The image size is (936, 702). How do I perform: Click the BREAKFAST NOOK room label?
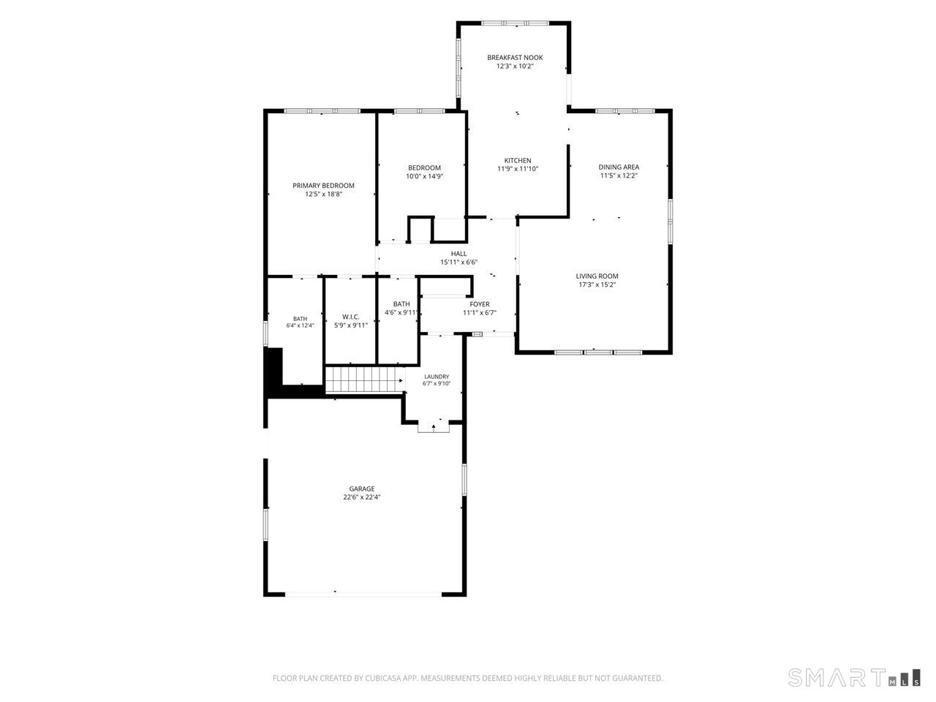click(x=515, y=58)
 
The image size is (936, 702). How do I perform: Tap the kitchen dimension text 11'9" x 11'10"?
click(x=518, y=169)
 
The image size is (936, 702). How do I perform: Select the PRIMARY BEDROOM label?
click(x=323, y=186)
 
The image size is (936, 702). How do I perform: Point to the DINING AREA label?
click(x=619, y=167)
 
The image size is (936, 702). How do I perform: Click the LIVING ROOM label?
click(x=597, y=276)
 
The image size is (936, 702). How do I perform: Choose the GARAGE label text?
click(x=362, y=489)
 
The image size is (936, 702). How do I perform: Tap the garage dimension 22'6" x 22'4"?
click(x=362, y=497)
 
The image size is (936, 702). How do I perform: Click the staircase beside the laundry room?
click(x=365, y=380)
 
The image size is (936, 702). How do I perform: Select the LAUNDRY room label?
click(x=437, y=377)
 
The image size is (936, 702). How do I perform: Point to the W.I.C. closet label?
click(x=350, y=317)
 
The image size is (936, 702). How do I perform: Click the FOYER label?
click(x=480, y=304)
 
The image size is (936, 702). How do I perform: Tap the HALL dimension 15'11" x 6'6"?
click(x=458, y=262)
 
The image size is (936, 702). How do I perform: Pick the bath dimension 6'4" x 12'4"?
click(x=301, y=325)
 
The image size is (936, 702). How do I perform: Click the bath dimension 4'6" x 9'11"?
click(x=401, y=312)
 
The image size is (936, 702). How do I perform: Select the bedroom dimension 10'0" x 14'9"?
click(x=424, y=176)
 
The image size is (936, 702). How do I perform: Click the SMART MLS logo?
click(x=854, y=677)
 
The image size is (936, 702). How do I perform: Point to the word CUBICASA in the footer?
click(x=383, y=678)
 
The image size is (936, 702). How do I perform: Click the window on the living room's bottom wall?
click(x=598, y=352)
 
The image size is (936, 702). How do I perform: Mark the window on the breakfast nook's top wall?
click(x=515, y=23)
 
